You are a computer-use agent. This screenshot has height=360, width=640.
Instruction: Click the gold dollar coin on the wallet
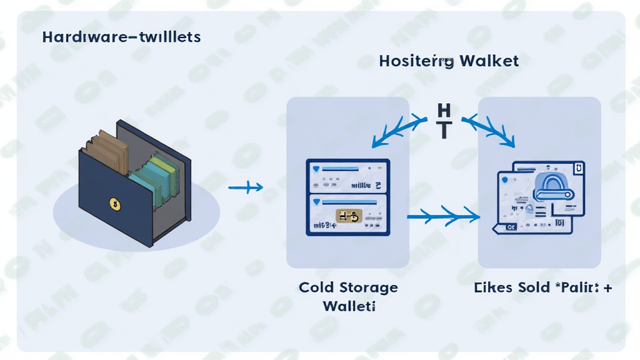[x=114, y=202]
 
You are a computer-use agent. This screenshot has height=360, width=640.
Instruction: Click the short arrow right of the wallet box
[x=245, y=187]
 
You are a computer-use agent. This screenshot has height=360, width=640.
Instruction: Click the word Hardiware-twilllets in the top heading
[x=121, y=37]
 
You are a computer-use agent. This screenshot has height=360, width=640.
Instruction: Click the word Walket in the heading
[x=489, y=61]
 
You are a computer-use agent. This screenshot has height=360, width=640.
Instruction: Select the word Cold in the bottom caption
[x=317, y=287]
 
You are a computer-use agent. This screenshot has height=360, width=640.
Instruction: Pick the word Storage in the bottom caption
[x=369, y=288]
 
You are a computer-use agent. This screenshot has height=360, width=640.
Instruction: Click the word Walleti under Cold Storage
[x=349, y=306]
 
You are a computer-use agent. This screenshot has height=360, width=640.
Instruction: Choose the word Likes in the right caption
[x=493, y=287]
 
